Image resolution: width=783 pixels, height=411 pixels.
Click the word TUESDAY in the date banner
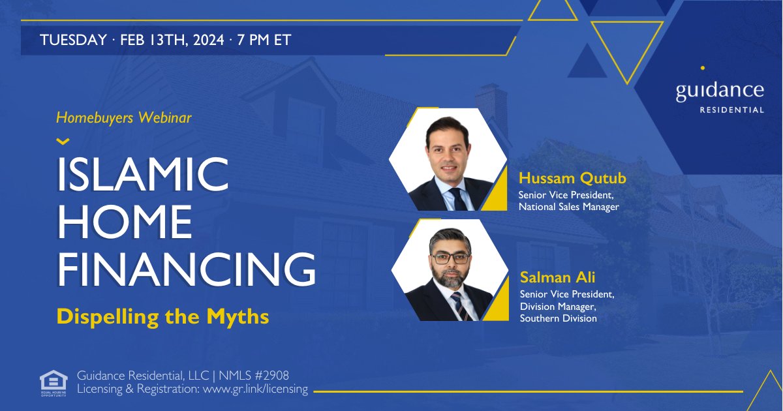72,40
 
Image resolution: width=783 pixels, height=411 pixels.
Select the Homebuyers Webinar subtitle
124,118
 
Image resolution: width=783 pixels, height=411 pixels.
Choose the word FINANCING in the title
187,269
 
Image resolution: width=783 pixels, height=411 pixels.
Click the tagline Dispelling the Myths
163,316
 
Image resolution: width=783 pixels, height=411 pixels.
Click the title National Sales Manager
568,207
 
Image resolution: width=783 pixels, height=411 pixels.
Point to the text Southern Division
558,318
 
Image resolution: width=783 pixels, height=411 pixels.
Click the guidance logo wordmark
720,89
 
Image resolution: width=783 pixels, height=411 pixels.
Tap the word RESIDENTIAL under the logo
731,110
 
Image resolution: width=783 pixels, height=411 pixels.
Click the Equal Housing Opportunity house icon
53,382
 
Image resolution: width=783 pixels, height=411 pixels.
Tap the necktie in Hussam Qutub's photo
459,198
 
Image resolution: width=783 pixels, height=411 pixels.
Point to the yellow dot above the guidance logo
702,67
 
